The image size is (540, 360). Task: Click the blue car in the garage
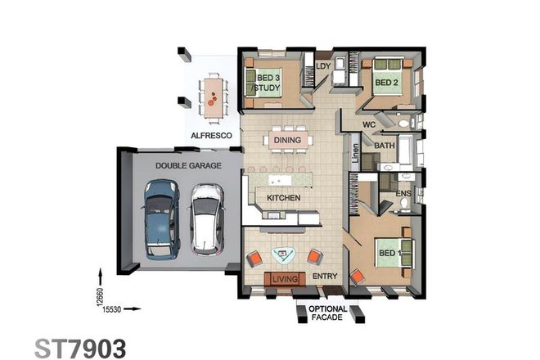coord(160,218)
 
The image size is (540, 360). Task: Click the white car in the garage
coord(205,218)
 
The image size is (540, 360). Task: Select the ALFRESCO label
coord(212,134)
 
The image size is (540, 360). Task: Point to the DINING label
coord(287,141)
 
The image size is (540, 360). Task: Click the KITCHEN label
coord(283,198)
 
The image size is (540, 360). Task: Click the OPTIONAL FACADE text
coord(329,313)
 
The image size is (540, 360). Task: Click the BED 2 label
coord(386,83)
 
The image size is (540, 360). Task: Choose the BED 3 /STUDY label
coord(264,83)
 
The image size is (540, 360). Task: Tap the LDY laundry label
coord(322,65)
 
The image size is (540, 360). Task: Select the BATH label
coord(385,146)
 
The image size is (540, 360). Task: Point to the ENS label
coord(403,194)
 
